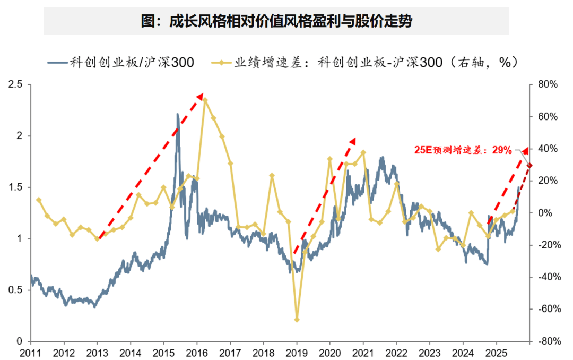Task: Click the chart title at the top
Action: click(276, 22)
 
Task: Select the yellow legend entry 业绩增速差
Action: click(371, 63)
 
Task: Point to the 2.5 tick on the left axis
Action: click(16, 84)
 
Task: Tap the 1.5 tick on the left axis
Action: click(16, 187)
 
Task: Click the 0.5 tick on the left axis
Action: click(16, 290)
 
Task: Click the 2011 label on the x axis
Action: click(31, 352)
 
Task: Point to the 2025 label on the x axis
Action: click(496, 352)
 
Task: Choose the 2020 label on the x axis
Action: click(330, 352)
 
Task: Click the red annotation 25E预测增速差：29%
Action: click(463, 151)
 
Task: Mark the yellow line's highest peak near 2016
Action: click(205, 100)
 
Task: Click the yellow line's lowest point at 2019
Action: click(297, 320)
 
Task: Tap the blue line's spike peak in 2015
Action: click(178, 114)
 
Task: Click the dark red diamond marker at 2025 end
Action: click(529, 165)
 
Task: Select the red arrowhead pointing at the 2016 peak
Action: click(200, 97)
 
